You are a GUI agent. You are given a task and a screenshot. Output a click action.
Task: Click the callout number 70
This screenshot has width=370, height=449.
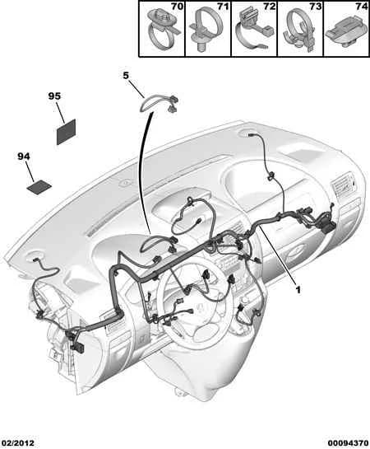(177, 7)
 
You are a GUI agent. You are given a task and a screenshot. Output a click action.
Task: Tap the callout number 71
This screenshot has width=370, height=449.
(223, 7)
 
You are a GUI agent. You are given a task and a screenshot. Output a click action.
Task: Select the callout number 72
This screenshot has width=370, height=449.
(270, 7)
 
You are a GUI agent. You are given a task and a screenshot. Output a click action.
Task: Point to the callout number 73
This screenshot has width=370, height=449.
(316, 7)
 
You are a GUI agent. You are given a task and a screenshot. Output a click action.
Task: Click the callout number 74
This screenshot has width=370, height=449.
(362, 7)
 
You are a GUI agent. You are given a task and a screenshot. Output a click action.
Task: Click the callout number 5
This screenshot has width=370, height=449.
(126, 75)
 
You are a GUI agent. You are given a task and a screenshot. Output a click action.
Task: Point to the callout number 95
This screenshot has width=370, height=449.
(54, 96)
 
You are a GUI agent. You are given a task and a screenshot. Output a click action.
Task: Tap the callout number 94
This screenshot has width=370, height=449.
(24, 157)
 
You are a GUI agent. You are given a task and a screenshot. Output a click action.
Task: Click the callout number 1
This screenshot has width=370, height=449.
(298, 290)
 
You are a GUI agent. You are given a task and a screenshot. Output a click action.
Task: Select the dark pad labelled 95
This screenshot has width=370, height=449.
(67, 132)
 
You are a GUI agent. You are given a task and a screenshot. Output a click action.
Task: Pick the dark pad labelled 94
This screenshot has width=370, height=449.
(39, 188)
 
